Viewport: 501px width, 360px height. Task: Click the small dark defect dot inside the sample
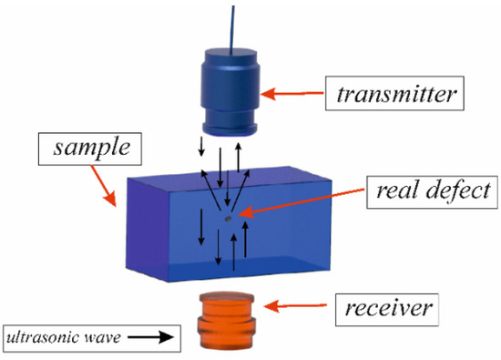[x=228, y=217]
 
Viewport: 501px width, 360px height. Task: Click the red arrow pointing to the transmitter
[x=291, y=93]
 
